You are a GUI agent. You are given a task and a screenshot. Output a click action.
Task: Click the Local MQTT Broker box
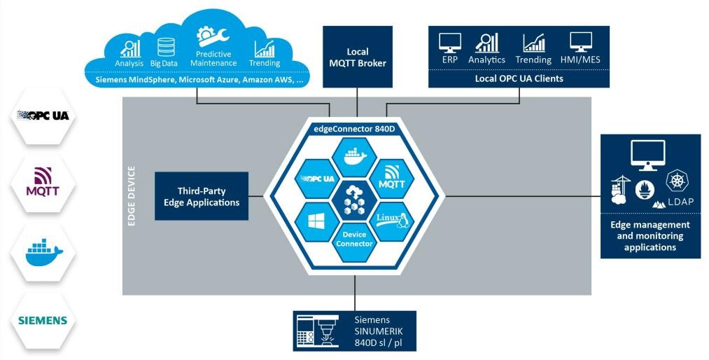357,57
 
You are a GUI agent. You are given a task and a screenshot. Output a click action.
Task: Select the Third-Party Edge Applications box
202,196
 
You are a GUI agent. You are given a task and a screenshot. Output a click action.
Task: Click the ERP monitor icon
449,43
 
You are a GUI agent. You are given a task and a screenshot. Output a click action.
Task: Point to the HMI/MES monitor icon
580,43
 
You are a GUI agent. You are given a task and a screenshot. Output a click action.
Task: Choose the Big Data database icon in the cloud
166,48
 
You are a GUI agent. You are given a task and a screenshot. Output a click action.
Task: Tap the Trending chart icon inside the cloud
265,48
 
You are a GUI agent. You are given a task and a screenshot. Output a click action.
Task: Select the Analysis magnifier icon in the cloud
131,48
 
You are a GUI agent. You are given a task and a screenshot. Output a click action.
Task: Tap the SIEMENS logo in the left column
43,321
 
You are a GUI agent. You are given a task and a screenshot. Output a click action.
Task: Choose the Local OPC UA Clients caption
519,78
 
